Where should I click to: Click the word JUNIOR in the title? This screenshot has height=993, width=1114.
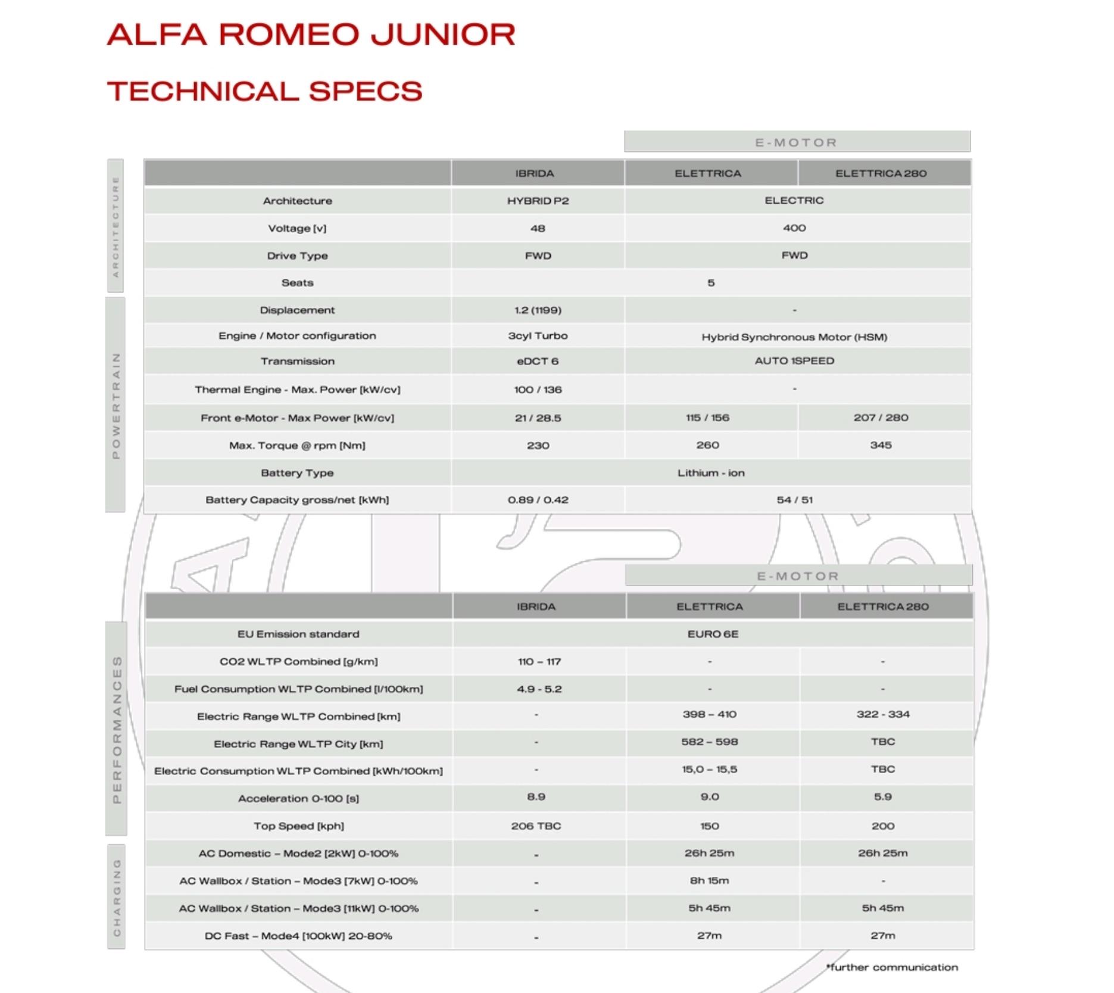pos(442,34)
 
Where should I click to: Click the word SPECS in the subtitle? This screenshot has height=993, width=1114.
pos(365,91)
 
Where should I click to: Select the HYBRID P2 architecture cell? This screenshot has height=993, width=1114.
pos(538,201)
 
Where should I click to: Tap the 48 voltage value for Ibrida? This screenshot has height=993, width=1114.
pos(538,228)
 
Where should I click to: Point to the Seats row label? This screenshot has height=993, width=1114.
pos(297,283)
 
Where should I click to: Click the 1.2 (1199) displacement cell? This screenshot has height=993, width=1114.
pos(538,310)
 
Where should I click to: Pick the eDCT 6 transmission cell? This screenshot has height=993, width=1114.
pos(538,361)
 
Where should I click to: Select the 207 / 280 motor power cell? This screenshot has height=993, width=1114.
pos(881,418)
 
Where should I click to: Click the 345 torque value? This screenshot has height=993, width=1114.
pos(881,445)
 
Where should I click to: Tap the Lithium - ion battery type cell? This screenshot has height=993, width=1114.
pos(711,473)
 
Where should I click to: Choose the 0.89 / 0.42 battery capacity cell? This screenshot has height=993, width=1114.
pos(538,500)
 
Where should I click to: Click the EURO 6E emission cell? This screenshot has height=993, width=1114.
pos(713,634)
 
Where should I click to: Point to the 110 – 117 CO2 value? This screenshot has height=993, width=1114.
pos(539,662)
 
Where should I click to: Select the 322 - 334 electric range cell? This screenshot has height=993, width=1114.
pos(883,714)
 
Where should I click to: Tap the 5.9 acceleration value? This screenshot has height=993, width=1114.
pos(883,797)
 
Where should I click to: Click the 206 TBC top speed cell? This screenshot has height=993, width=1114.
pos(536,826)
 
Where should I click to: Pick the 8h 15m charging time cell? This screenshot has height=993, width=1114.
pos(709,880)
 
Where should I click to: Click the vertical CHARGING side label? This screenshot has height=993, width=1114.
pos(117,897)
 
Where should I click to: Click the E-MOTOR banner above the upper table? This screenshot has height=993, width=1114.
pos(797,142)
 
